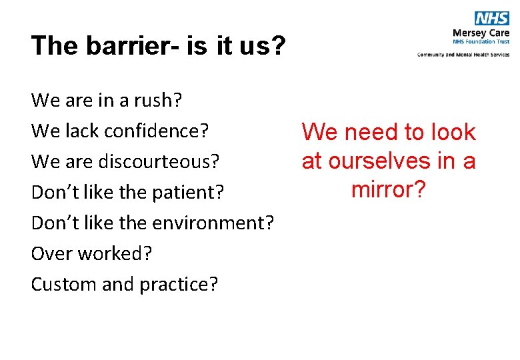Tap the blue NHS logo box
(491, 18)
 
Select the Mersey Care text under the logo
(480, 32)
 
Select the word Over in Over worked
(49, 254)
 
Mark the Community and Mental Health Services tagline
(463, 54)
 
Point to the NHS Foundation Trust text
(481, 41)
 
